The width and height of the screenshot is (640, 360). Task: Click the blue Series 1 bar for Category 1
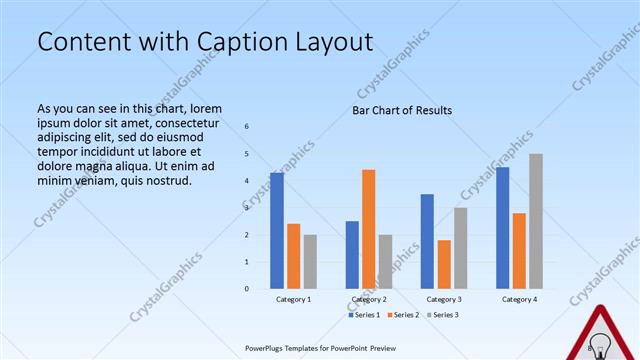[x=277, y=230]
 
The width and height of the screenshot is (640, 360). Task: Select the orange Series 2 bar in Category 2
[x=368, y=229]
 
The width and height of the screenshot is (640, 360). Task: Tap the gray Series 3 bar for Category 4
[x=536, y=221]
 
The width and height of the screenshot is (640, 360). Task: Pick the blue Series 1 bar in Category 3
[x=427, y=241]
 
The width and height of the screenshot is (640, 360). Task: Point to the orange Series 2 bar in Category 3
[x=444, y=264]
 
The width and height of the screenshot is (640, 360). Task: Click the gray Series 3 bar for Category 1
[x=310, y=261]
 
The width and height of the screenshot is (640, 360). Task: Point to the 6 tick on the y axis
[x=247, y=127]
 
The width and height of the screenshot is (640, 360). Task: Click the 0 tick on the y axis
[x=247, y=289]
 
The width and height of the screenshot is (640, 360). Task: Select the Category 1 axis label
[x=293, y=300]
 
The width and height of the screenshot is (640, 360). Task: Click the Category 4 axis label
[x=519, y=300]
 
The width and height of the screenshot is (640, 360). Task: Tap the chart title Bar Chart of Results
[x=402, y=110]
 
